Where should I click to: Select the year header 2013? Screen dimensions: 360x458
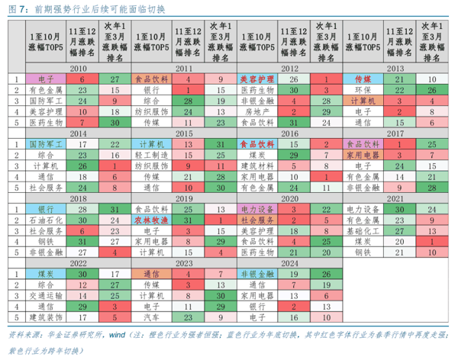(395, 68)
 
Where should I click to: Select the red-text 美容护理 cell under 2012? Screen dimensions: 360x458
(256, 79)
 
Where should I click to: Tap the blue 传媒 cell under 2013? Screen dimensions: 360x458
(362, 79)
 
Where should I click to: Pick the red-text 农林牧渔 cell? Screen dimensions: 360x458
(150, 218)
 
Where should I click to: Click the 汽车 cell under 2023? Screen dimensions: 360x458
(150, 315)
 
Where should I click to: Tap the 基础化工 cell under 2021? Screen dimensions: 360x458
(362, 229)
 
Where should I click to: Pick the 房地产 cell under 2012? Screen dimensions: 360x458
(256, 111)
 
